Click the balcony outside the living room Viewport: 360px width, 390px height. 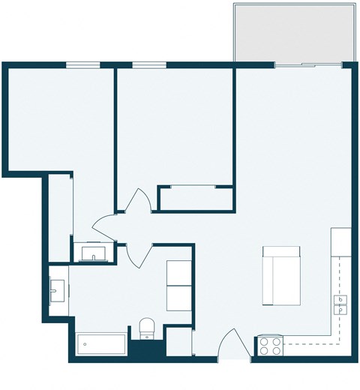(294, 34)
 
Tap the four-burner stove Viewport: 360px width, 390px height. (271, 346)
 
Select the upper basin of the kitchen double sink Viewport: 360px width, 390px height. (340, 300)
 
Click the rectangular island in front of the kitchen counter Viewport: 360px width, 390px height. (281, 276)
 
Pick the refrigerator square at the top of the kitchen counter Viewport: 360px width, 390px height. (341, 241)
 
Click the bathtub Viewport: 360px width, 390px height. (100, 345)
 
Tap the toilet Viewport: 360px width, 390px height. (147, 328)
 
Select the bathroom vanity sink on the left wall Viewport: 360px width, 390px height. (57, 289)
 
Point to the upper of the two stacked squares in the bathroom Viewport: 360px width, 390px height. (178, 272)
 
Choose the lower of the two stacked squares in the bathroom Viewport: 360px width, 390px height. (178, 298)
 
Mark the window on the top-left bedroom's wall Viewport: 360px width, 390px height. (83, 64)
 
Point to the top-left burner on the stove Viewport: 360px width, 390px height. (265, 341)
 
